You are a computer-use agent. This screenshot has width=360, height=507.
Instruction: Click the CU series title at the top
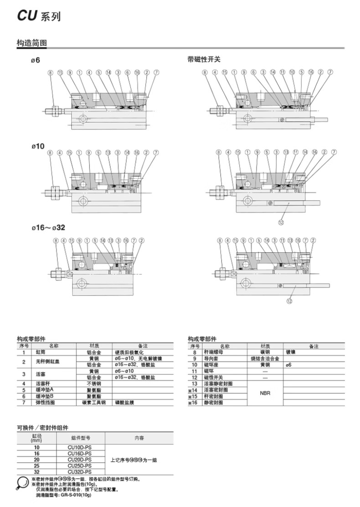click(39, 16)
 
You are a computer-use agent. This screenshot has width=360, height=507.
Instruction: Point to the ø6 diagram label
click(36, 60)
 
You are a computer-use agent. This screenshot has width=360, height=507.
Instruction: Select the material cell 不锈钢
click(93, 384)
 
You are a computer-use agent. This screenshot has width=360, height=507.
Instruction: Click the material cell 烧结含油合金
click(265, 359)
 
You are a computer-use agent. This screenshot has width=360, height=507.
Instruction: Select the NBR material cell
click(265, 393)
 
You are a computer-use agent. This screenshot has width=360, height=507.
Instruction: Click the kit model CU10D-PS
click(80, 447)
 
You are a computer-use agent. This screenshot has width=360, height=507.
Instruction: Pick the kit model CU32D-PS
click(80, 472)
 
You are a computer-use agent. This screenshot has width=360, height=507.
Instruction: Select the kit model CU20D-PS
click(80, 460)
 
